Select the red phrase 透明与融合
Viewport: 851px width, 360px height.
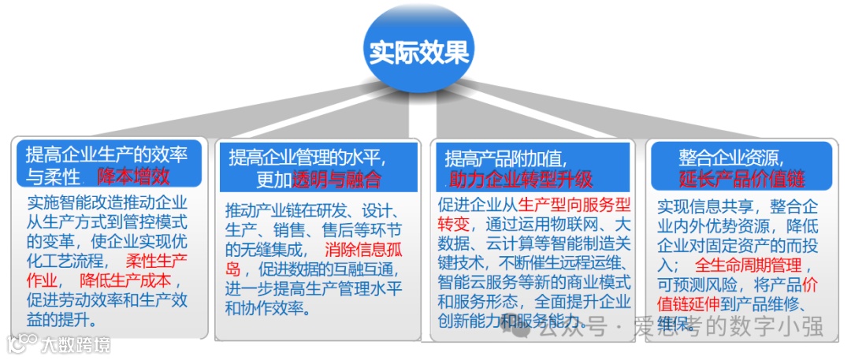pyautogui.click(x=336, y=179)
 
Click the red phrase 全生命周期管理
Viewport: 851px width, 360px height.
pyautogui.click(x=749, y=265)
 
